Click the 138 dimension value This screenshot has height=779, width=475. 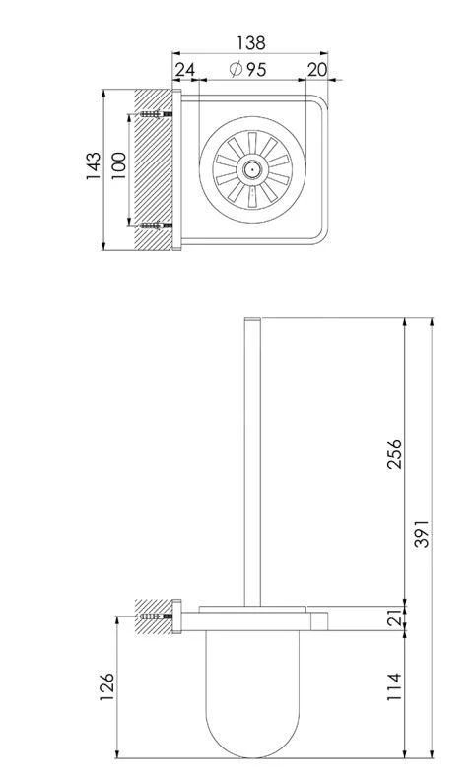(x=250, y=42)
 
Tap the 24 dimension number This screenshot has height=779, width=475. (x=184, y=70)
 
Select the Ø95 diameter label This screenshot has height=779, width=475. (x=247, y=70)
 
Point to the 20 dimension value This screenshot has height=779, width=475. (x=317, y=70)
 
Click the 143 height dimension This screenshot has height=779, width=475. (x=93, y=165)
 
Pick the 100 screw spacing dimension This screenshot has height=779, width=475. (x=118, y=165)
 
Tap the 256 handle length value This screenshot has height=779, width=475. (x=394, y=454)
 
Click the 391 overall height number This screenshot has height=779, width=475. (x=421, y=534)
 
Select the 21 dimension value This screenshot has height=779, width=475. (x=394, y=617)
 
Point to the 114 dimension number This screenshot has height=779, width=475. (x=394, y=686)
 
